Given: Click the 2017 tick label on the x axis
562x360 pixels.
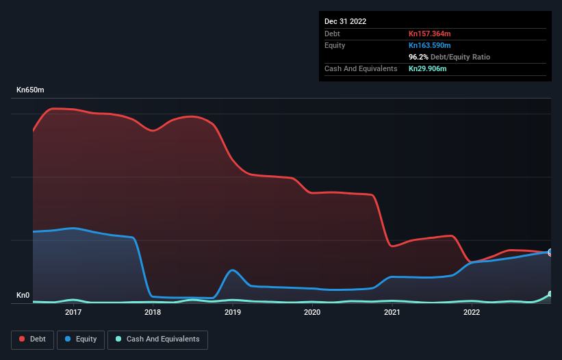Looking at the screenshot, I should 73,313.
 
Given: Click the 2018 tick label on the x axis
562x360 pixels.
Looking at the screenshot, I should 153,313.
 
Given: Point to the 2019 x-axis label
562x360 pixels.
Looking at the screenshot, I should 233,313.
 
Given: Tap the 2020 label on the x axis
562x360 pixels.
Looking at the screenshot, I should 312,313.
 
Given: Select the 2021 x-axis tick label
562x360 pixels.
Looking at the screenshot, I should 392,313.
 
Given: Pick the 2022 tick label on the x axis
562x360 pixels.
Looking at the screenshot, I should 472,313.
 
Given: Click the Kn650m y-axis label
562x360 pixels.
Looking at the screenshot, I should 30,90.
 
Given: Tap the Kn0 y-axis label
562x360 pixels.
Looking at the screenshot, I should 24,296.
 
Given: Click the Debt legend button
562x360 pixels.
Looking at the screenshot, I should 32,339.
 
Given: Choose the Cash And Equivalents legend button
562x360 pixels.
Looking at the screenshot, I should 157,339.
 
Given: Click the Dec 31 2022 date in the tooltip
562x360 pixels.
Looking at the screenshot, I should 345,21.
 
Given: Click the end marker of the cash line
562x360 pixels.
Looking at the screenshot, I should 550,294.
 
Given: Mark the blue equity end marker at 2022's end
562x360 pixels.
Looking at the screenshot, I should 550,252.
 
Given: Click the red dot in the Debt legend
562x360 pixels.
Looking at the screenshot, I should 22,339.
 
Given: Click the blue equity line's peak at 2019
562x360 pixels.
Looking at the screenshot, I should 233,270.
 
